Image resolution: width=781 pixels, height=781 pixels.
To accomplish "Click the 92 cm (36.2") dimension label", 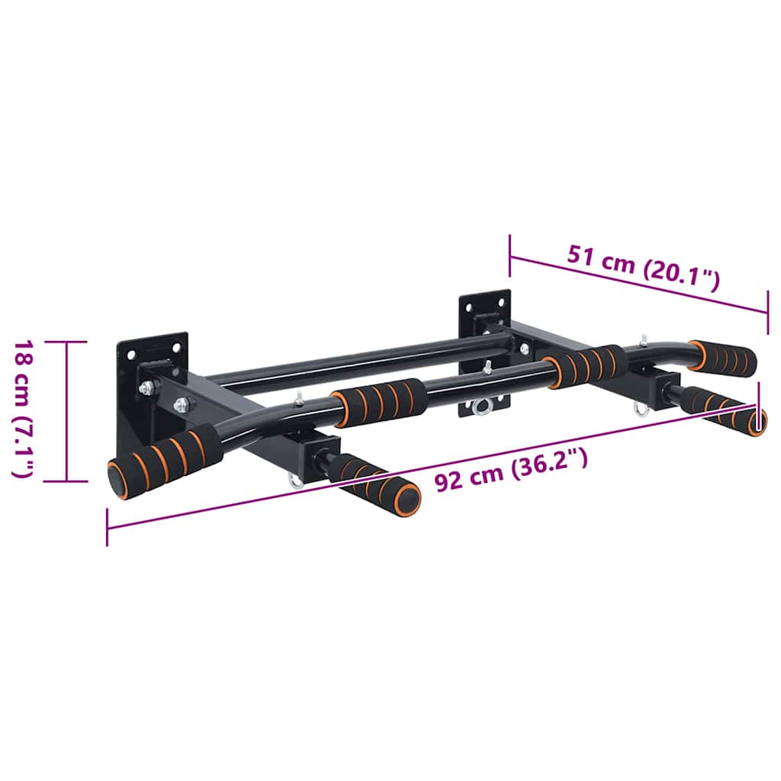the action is tap(511, 470).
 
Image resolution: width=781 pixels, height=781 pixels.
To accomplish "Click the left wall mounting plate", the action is tap(153, 388).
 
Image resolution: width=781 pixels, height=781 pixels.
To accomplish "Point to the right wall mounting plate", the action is tap(484, 349).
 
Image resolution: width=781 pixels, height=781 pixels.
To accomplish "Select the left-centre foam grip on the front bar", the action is tap(379, 403).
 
